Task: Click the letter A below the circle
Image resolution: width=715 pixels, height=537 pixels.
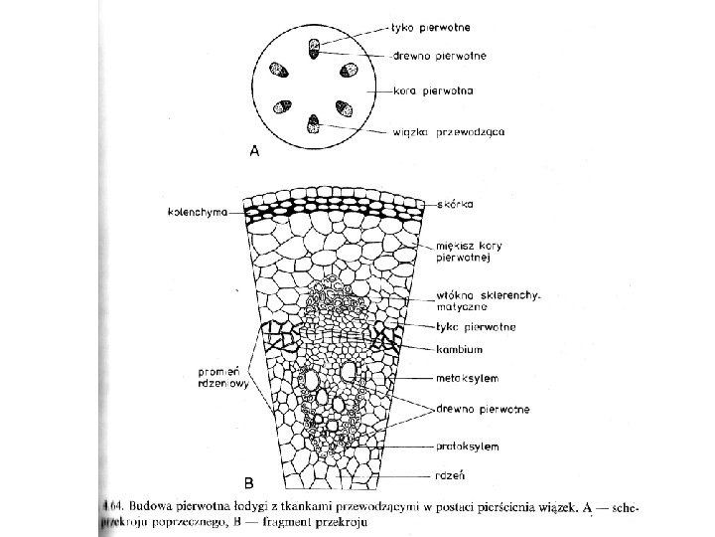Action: (255, 152)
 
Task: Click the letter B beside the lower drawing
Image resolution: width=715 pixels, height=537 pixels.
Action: (249, 482)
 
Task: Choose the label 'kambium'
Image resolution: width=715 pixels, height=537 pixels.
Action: (458, 349)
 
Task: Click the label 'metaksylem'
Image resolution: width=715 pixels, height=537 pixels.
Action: (467, 378)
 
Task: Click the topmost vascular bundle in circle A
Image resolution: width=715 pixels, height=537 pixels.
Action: (314, 46)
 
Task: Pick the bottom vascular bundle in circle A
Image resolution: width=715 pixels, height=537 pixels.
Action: (314, 123)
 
